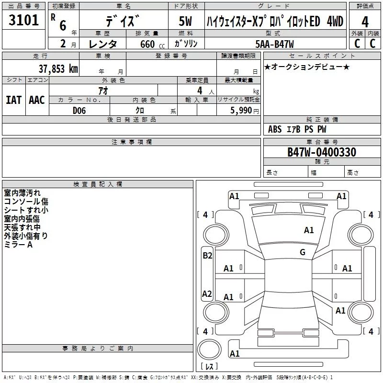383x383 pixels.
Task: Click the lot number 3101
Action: [23, 21]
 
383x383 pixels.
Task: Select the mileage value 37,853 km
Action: [58, 68]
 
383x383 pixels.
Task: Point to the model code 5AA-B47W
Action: [275, 44]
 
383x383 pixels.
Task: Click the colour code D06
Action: [80, 110]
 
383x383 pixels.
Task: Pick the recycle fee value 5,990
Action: [242, 110]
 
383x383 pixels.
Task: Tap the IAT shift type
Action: [13, 100]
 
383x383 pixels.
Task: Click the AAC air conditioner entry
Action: [37, 100]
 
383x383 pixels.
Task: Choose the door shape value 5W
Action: [185, 22]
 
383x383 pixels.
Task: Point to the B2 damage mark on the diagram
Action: [207, 256]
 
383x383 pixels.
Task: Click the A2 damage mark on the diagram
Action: [207, 293]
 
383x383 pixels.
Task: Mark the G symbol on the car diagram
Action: [303, 252]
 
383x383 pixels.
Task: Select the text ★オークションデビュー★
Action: [306, 67]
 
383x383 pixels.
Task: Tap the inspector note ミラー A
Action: [18, 245]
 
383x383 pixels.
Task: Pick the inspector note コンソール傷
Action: [26, 202]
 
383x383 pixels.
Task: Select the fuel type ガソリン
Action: [186, 44]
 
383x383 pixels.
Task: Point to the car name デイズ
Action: [124, 22]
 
